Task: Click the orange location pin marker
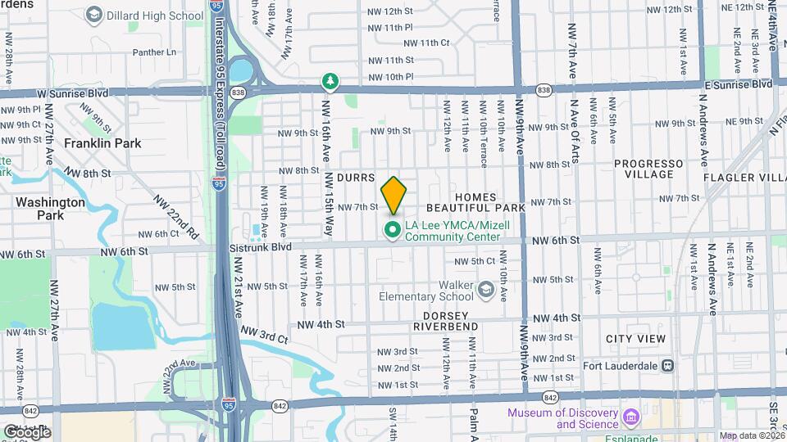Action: (393, 195)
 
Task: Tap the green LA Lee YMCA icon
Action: (393, 231)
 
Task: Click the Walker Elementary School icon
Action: (486, 289)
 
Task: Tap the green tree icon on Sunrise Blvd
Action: (330, 81)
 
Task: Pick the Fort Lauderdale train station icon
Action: (668, 365)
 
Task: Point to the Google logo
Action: (26, 432)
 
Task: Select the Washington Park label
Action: (50, 209)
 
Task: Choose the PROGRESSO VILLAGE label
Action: (648, 169)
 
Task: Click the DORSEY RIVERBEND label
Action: (445, 321)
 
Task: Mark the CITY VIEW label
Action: (635, 339)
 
